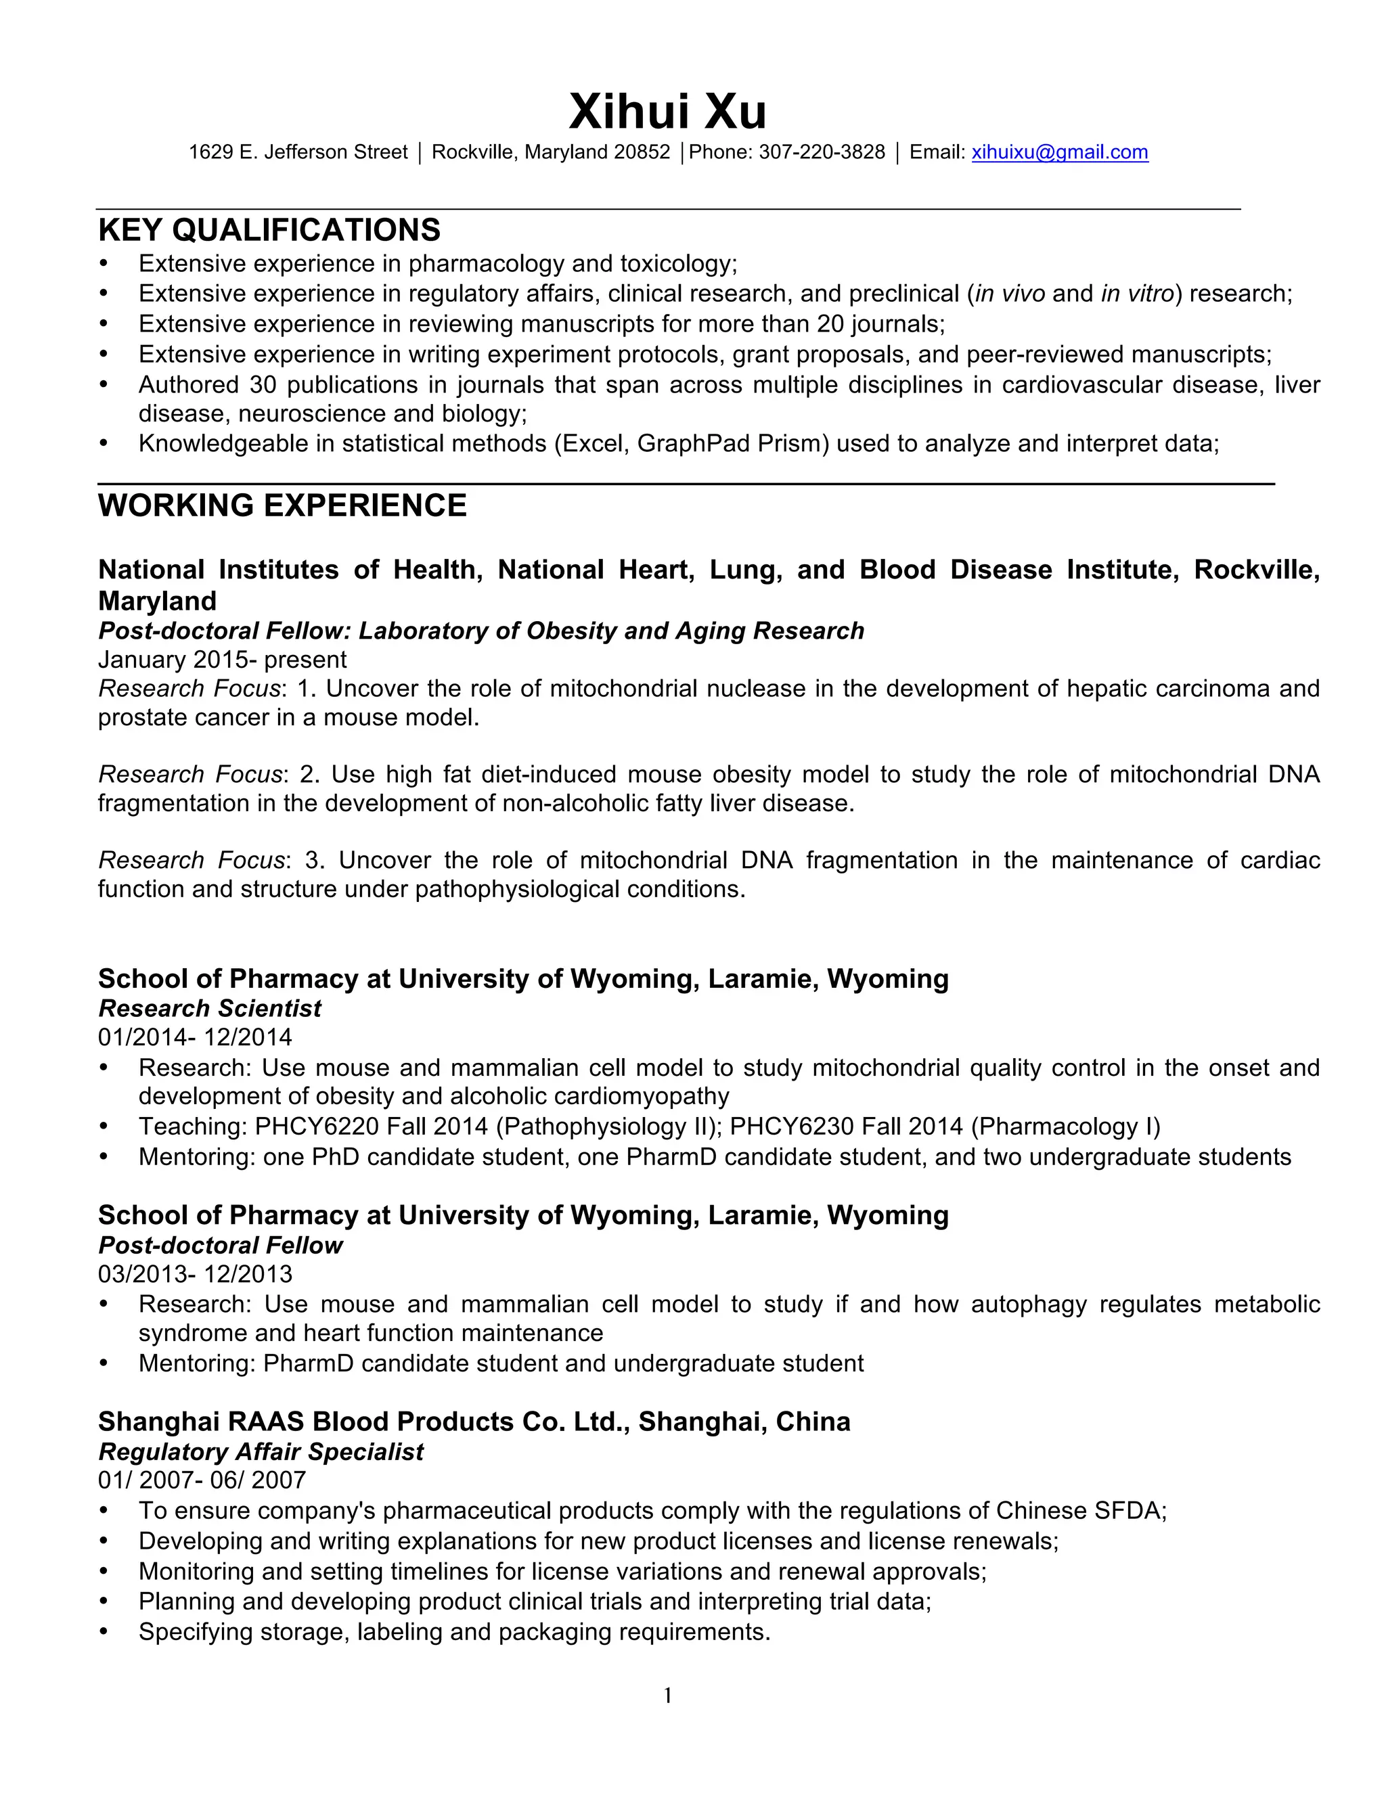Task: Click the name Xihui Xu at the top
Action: (x=667, y=112)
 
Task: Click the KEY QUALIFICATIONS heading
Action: (x=269, y=230)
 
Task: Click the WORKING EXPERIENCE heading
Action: (x=282, y=505)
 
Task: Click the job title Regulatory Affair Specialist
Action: (x=261, y=1451)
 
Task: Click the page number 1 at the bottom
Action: (x=667, y=1696)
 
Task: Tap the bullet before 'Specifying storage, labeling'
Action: (x=104, y=1632)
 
